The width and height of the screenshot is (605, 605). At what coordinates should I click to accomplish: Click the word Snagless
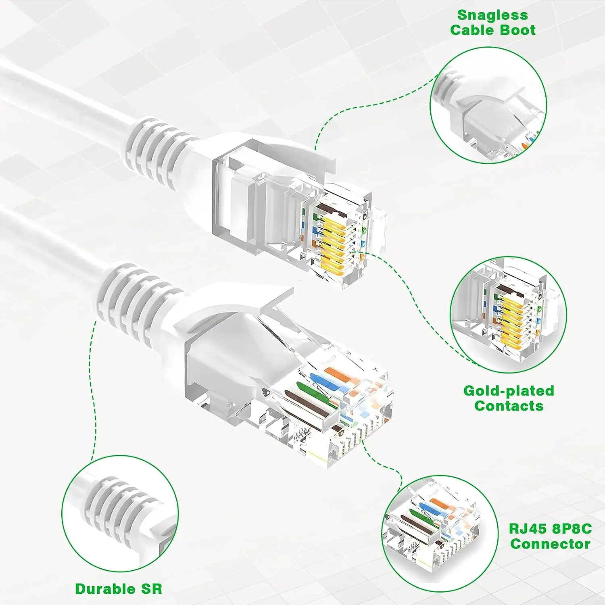(x=492, y=15)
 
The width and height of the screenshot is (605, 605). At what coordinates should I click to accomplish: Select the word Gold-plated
(x=509, y=391)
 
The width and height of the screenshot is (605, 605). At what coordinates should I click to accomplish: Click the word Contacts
(x=509, y=406)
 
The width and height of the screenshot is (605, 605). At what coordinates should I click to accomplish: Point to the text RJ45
(x=527, y=529)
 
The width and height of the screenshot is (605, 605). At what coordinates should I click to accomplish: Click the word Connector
(x=550, y=544)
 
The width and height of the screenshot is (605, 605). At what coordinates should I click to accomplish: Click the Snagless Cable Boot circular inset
(x=488, y=105)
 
